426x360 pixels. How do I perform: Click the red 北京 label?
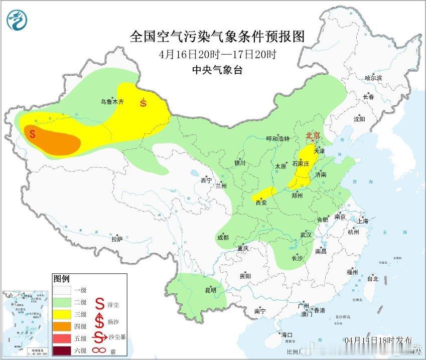[315, 135]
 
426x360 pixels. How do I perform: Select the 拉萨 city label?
[117, 239]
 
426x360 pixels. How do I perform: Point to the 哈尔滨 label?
[373, 78]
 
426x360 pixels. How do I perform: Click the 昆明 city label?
[211, 290]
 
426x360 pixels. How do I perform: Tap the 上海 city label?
[363, 221]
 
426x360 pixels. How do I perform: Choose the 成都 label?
[223, 237]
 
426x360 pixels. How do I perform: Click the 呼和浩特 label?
[277, 139]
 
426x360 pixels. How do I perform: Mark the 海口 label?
[287, 334]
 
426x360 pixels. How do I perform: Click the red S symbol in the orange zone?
[33, 134]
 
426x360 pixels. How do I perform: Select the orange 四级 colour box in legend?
[63, 325]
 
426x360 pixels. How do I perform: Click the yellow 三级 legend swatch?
[63, 313]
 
